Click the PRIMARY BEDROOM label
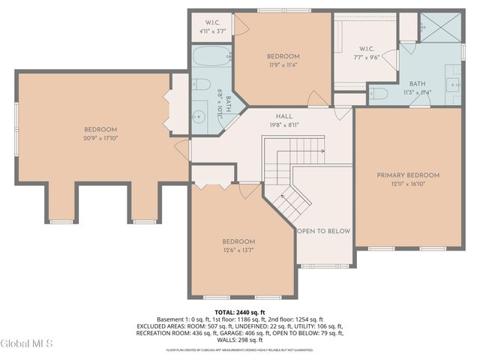[x=408, y=175]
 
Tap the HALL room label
[x=283, y=116]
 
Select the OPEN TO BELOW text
[x=323, y=231]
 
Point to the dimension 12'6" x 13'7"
[x=239, y=250]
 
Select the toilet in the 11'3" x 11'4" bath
[x=379, y=94]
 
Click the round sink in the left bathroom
[x=199, y=116]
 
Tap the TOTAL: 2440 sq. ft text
[x=240, y=312]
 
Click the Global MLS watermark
[x=27, y=344]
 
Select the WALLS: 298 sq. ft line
[x=240, y=340]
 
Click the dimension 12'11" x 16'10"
[x=408, y=184]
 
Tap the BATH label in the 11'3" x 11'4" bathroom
[x=417, y=84]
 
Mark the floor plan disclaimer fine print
[x=240, y=349]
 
